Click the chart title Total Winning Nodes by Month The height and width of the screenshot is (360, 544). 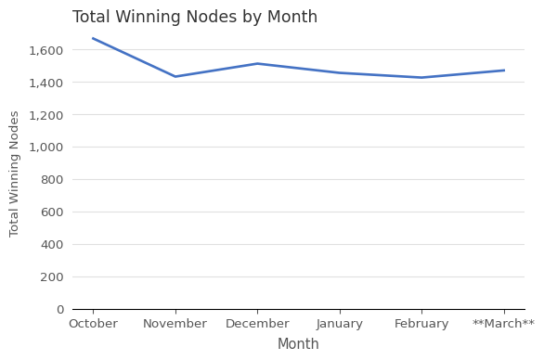pos(195,18)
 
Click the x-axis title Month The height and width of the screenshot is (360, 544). pos(298,344)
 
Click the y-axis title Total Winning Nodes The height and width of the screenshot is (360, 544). pos(15,174)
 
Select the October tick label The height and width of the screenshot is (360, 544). pos(93,324)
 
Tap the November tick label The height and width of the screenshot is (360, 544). pos(175,324)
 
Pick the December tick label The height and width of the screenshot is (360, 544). pos(257,324)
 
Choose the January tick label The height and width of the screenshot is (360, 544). pos(340,324)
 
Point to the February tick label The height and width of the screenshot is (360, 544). pos(421,324)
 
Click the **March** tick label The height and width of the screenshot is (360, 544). pos(503,324)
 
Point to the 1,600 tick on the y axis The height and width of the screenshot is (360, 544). pos(46,50)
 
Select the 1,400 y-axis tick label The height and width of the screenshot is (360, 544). pos(46,83)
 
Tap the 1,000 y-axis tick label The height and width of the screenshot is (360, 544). pos(46,147)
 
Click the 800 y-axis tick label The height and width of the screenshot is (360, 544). pos(52,179)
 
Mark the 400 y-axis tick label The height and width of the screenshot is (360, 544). pos(52,244)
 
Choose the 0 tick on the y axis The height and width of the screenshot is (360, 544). pos(59,309)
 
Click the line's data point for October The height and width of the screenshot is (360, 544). pos(93,38)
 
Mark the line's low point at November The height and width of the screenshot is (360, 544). pos(175,77)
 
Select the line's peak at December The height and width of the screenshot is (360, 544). pos(257,64)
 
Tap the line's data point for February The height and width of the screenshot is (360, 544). pos(421,78)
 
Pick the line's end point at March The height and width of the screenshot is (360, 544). pos(504,71)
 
